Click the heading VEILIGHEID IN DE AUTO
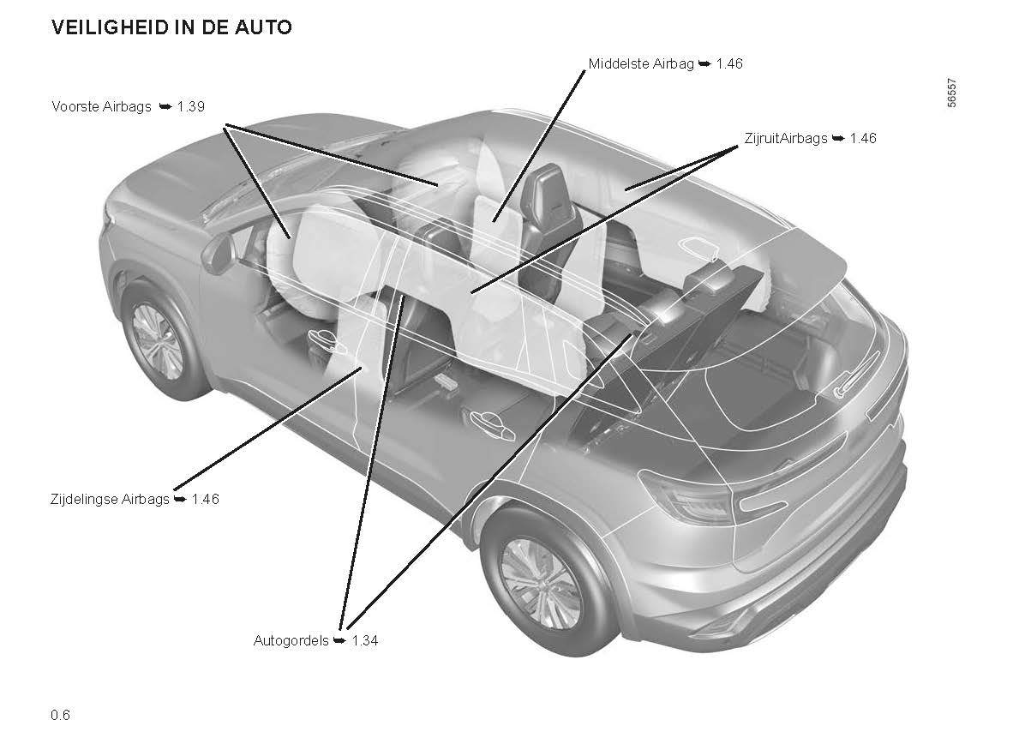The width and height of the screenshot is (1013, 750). tap(171, 27)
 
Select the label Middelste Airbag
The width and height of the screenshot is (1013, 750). tap(641, 63)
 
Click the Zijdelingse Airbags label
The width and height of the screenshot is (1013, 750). tap(110, 498)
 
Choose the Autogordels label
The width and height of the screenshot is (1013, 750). tap(291, 640)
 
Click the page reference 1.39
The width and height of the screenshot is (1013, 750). tap(191, 106)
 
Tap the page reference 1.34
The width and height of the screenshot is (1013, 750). tap(364, 640)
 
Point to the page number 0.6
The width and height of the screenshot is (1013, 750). tap(60, 715)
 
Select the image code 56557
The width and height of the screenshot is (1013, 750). tap(951, 90)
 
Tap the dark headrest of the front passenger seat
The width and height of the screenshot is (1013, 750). tap(545, 195)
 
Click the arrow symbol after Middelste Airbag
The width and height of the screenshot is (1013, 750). tap(705, 63)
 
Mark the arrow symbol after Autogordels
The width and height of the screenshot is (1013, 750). tap(339, 640)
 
